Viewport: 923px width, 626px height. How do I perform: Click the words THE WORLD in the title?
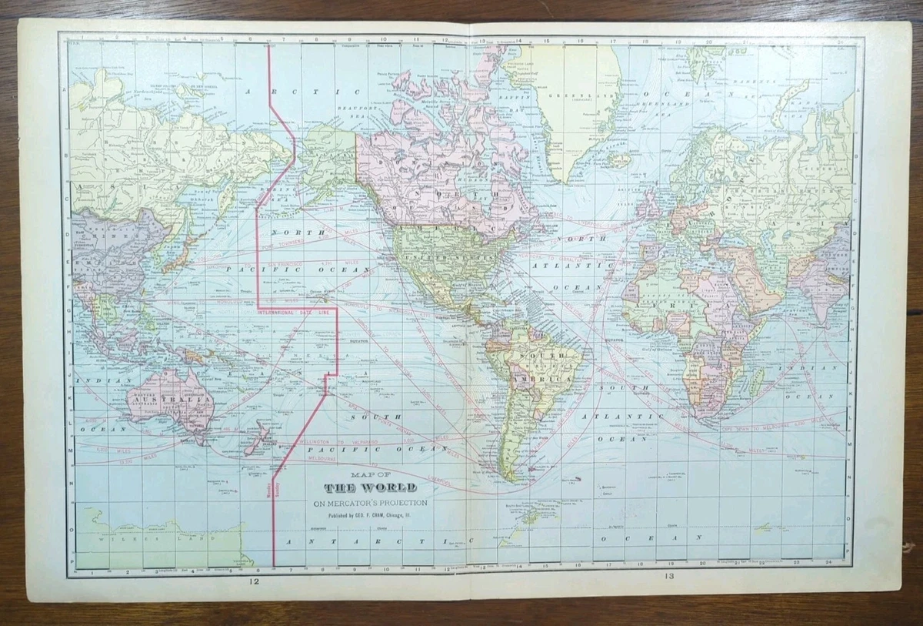(x=370, y=487)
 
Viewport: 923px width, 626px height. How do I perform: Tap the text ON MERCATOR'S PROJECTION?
(x=371, y=504)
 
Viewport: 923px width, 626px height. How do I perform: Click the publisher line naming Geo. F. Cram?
(x=371, y=516)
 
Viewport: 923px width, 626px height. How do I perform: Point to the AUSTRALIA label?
(x=171, y=402)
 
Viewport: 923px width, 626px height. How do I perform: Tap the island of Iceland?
(x=618, y=160)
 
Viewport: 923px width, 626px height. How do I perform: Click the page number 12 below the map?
(x=254, y=582)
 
